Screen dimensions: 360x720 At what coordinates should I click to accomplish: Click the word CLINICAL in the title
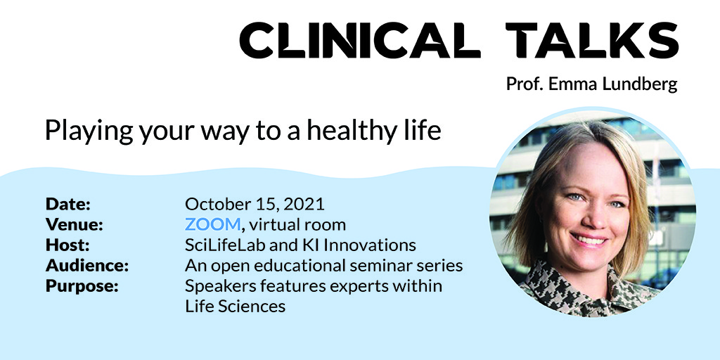pyautogui.click(x=360, y=41)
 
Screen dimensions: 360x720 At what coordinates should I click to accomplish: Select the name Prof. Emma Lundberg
pyautogui.click(x=591, y=84)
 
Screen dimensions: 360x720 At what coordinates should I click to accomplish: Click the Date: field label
pyautogui.click(x=68, y=205)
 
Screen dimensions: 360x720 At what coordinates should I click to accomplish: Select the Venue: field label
pyautogui.click(x=75, y=225)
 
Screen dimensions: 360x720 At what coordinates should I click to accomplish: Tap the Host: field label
pyautogui.click(x=67, y=245)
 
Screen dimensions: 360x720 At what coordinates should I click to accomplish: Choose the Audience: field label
pyautogui.click(x=87, y=266)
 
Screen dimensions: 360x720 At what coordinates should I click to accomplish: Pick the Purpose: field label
pyautogui.click(x=82, y=286)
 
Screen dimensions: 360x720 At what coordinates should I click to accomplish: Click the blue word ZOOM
pyautogui.click(x=213, y=225)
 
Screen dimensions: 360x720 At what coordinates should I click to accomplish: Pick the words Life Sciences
pyautogui.click(x=235, y=307)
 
